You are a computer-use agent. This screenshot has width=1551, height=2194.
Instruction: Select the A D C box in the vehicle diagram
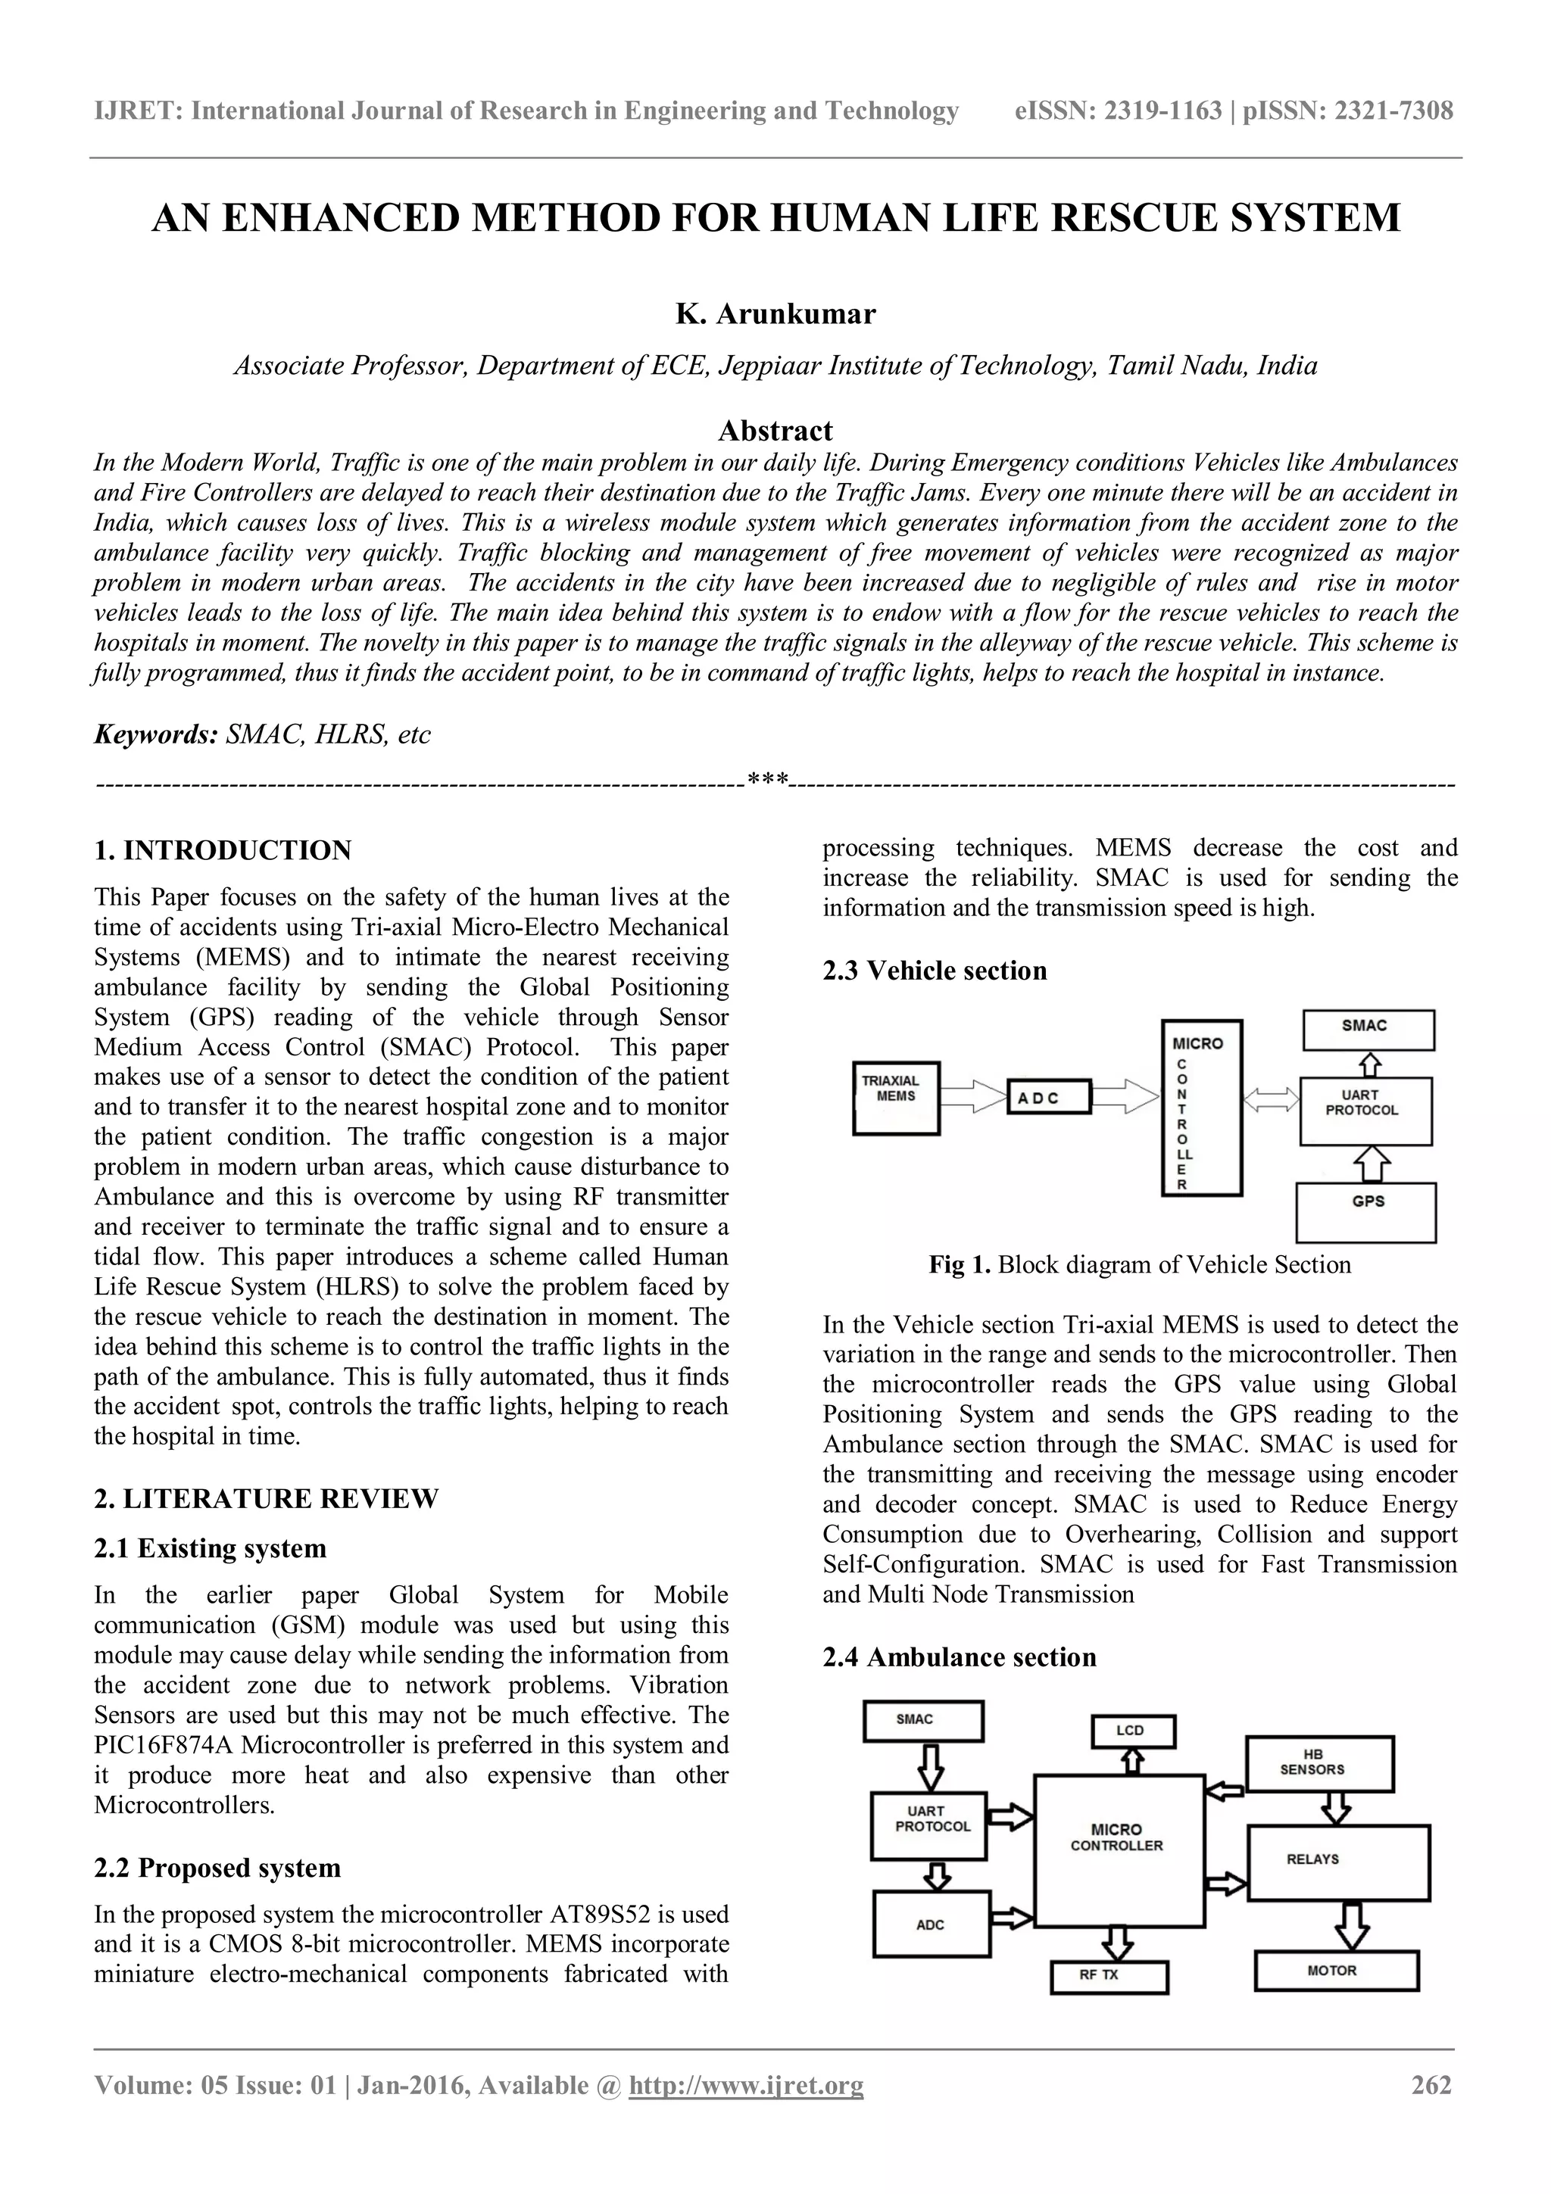[x=1048, y=1098]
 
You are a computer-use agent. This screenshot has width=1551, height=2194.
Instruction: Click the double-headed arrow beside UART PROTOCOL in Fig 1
[x=1271, y=1102]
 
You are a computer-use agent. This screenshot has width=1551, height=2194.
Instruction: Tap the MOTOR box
[x=1336, y=1971]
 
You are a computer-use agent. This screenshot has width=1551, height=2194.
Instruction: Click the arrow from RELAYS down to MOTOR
[x=1351, y=1924]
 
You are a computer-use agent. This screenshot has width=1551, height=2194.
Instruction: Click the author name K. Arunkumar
[x=775, y=313]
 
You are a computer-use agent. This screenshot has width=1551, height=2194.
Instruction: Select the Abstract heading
[x=775, y=430]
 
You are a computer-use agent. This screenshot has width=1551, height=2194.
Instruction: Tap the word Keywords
[x=156, y=735]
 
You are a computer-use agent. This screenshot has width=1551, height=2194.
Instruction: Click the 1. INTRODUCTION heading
[x=223, y=849]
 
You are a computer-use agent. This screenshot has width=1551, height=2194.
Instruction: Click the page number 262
[x=1431, y=2111]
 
